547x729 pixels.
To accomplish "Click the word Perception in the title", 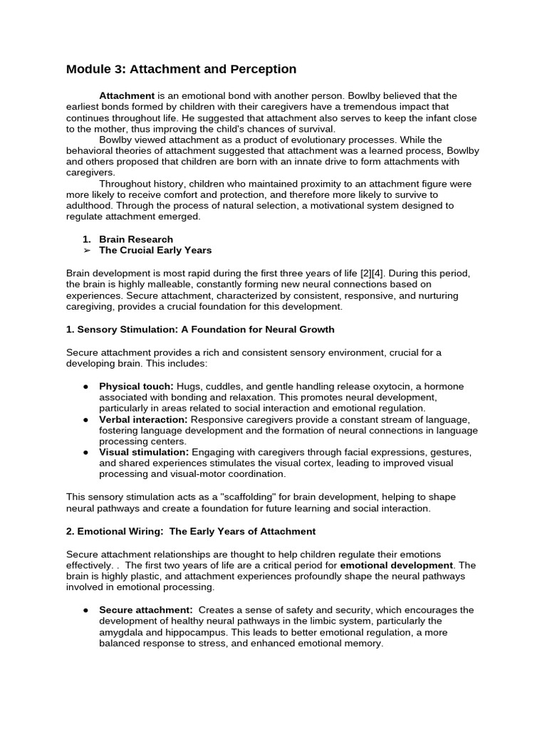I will (x=259, y=69).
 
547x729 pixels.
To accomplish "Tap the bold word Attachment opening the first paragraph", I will (x=126, y=95).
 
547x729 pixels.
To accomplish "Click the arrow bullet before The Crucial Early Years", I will (x=86, y=251).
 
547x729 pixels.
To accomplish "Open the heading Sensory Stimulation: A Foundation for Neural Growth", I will (x=200, y=330).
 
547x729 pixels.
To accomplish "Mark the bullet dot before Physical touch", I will (x=86, y=387).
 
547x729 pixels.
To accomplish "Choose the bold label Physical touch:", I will (x=136, y=387).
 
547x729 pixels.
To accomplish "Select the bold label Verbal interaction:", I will (x=143, y=419).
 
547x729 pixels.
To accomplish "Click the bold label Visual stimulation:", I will (x=144, y=452).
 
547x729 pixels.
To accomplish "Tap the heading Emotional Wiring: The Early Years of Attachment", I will (x=191, y=531).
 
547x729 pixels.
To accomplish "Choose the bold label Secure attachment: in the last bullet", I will (x=146, y=610).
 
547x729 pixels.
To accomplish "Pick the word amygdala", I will (x=121, y=632).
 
